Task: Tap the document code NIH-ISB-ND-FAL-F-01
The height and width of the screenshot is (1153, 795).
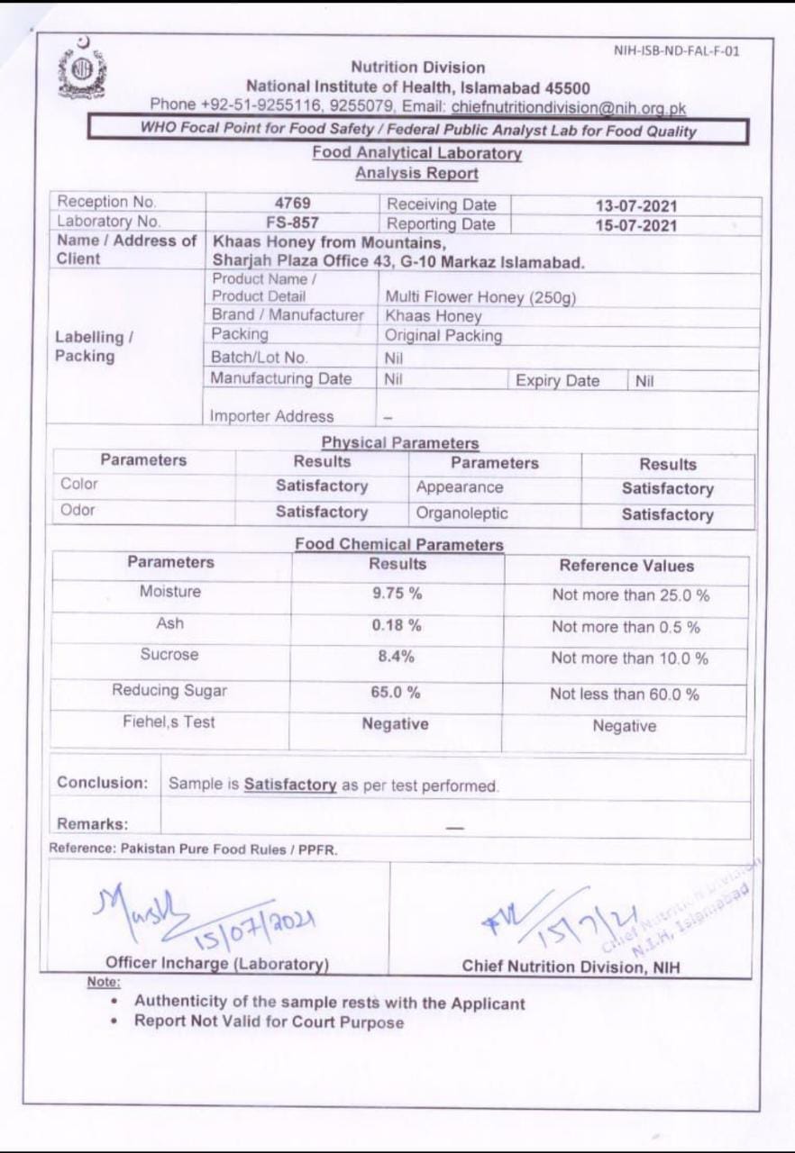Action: (x=677, y=51)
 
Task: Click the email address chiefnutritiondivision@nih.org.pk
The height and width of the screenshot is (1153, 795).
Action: (x=569, y=108)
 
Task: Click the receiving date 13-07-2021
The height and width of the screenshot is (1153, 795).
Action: (x=635, y=206)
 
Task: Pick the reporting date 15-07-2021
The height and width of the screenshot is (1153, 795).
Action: (x=635, y=224)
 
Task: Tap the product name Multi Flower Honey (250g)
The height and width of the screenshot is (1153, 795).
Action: (x=480, y=297)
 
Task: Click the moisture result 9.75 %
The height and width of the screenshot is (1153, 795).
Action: (x=397, y=594)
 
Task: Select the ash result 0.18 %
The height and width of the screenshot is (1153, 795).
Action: (x=397, y=626)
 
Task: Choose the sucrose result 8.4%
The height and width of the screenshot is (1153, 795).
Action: (x=397, y=657)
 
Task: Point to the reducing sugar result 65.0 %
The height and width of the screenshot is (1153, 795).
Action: (x=397, y=693)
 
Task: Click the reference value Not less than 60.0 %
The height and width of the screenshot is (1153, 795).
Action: (x=625, y=695)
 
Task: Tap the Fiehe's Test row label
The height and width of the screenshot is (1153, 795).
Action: (x=169, y=722)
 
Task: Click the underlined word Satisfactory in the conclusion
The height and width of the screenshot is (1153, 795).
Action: (x=290, y=785)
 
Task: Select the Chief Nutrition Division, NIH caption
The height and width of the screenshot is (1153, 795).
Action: (x=571, y=967)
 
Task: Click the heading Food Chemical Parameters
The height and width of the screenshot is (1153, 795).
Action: (x=399, y=545)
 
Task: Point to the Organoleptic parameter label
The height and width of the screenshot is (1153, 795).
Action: (x=462, y=513)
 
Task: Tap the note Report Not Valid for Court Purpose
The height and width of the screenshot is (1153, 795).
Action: (x=270, y=1021)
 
